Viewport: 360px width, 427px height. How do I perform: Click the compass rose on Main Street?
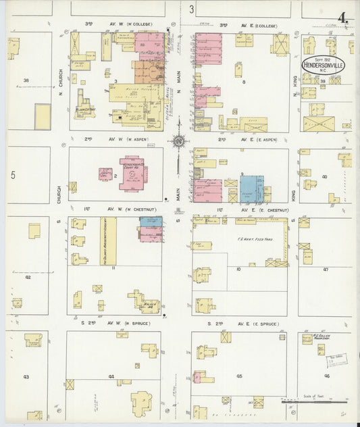178,141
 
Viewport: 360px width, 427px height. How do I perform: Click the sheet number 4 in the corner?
344,18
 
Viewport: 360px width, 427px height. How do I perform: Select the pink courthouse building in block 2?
133,173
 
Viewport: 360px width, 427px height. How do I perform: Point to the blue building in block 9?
251,189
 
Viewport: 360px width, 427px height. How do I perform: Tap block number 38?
26,80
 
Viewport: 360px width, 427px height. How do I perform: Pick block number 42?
28,277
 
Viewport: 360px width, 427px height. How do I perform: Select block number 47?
326,269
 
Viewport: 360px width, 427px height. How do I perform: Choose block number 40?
324,177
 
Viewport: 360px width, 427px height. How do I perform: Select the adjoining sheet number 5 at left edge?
12,174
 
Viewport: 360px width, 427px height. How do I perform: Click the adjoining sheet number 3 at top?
192,9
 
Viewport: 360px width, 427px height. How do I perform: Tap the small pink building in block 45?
197,377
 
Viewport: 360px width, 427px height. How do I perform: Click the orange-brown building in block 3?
148,72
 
